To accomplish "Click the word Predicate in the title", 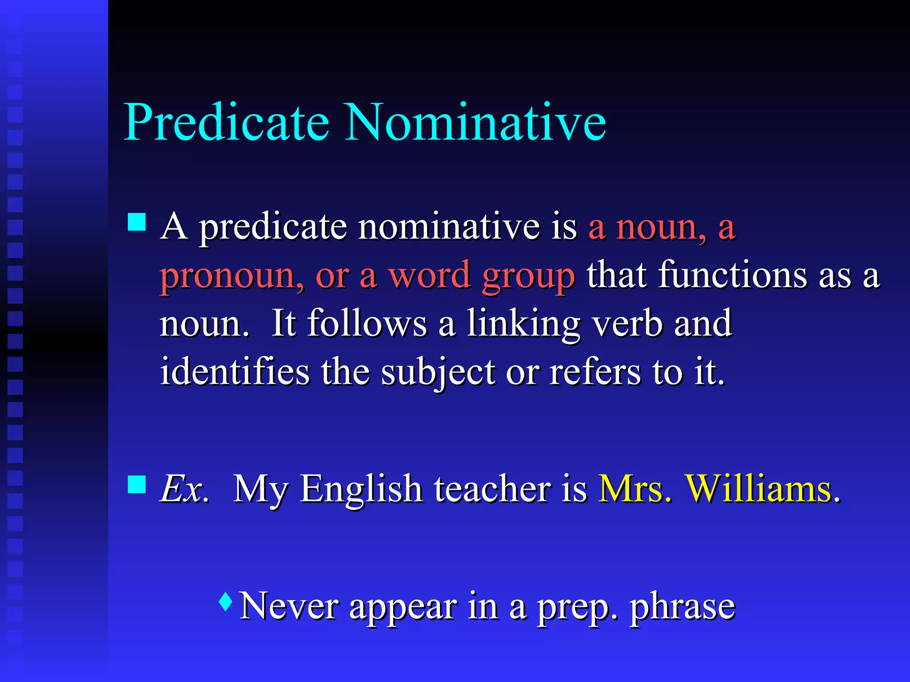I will click(227, 122).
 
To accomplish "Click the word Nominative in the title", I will click(475, 122).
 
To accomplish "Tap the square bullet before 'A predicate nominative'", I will click(137, 222).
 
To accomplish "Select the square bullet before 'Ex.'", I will click(137, 484).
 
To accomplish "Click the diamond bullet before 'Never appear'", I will click(226, 602).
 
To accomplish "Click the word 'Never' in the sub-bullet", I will click(289, 606).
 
